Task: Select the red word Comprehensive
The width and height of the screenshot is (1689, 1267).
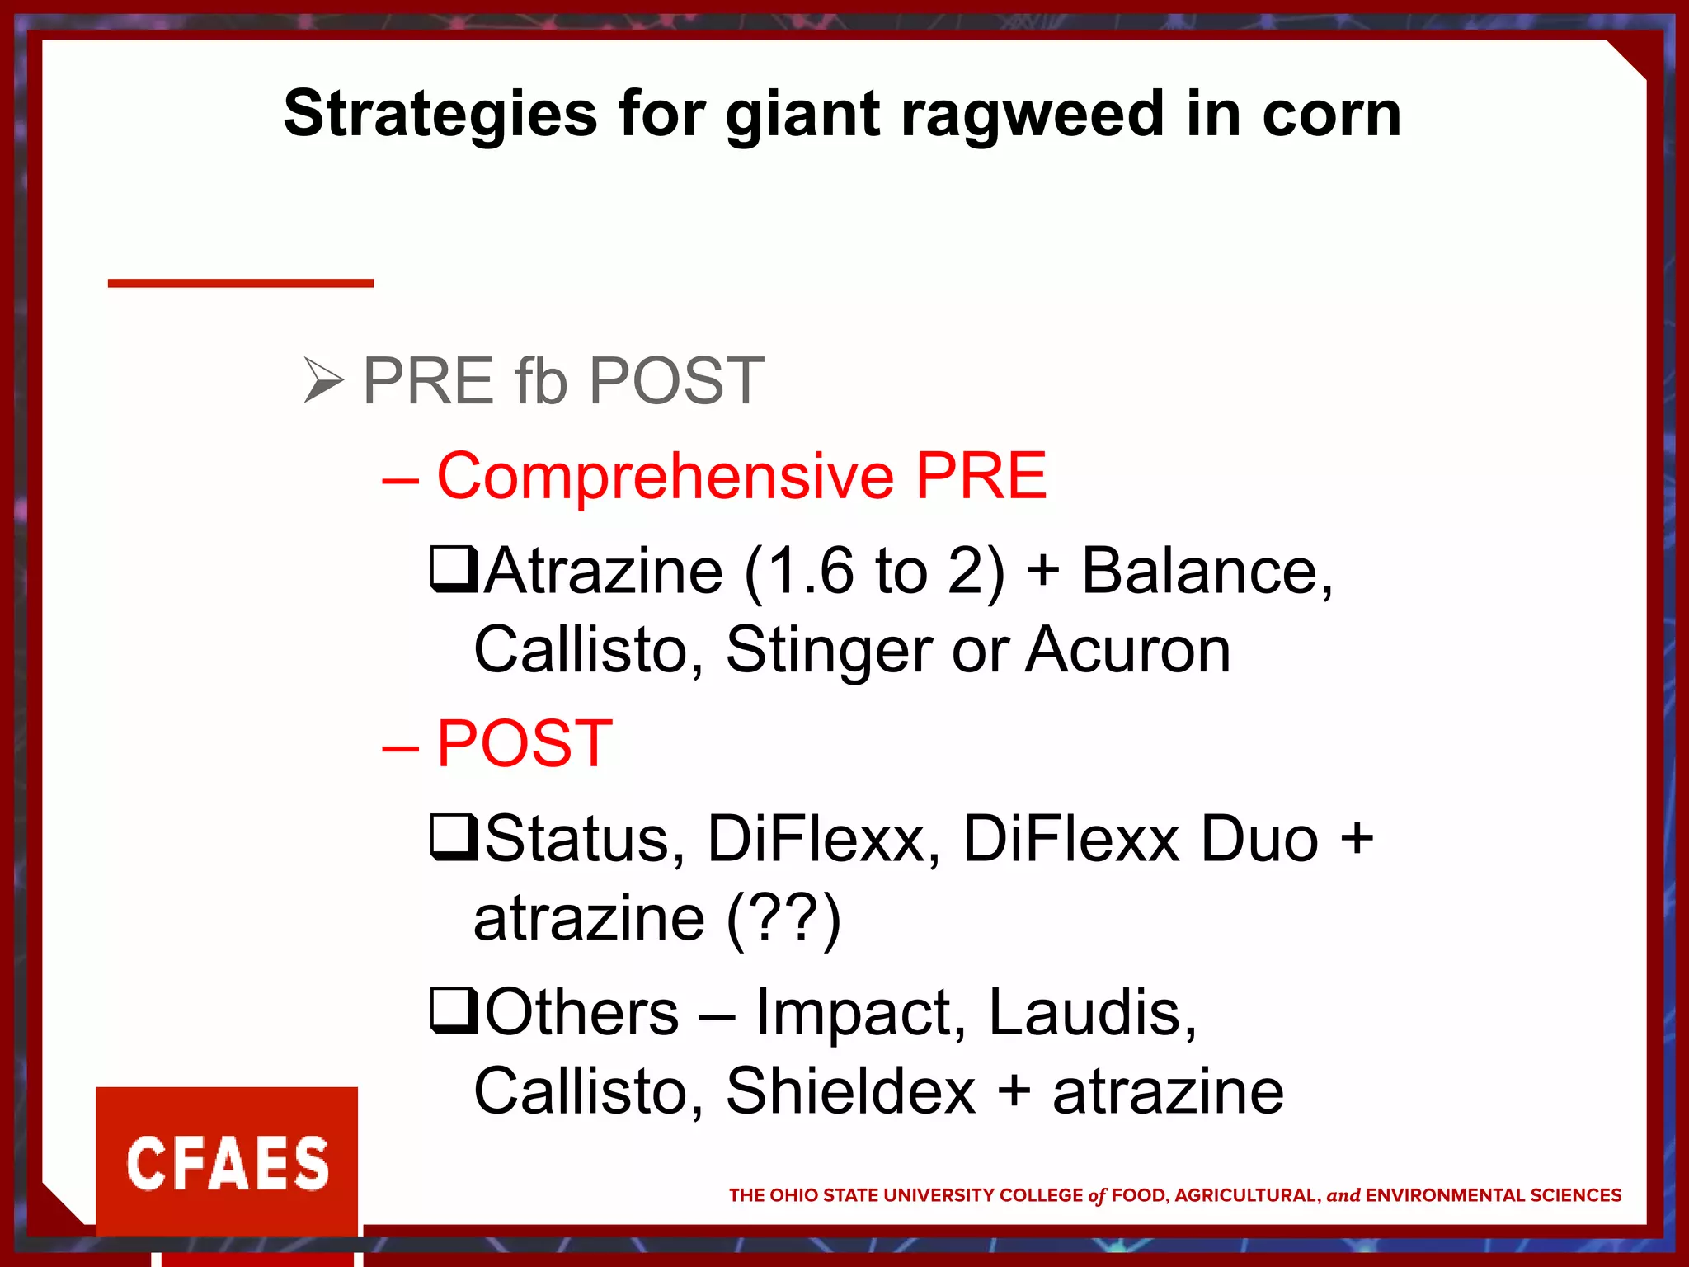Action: (665, 477)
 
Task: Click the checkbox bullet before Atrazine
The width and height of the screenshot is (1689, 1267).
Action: (454, 570)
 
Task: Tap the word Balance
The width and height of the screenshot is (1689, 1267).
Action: (1206, 571)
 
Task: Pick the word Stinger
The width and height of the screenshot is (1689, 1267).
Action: (829, 650)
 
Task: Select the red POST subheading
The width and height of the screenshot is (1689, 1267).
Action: (524, 744)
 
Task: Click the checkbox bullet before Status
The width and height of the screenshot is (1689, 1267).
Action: (454, 837)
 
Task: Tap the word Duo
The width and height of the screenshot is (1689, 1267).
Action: (1259, 839)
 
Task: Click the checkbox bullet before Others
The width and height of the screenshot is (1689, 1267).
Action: (454, 1011)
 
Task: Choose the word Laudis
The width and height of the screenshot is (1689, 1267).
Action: (1091, 1012)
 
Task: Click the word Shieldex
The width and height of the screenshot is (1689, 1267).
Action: (850, 1091)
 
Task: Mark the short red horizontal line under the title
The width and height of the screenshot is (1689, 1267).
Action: (241, 283)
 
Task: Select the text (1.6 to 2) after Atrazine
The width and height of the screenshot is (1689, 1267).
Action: (874, 571)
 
